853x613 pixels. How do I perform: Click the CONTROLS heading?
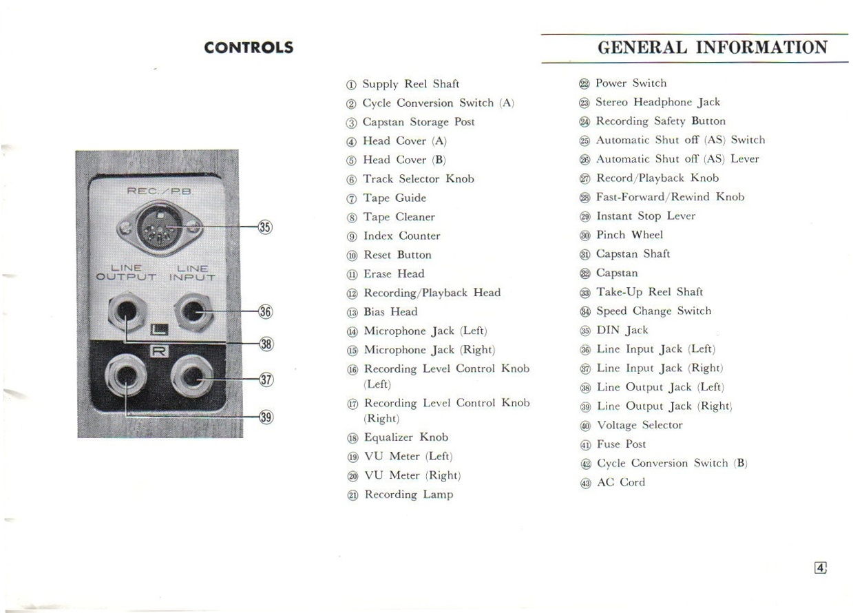[249, 48]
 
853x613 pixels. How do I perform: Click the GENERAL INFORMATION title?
[713, 48]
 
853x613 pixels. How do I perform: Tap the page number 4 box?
[820, 568]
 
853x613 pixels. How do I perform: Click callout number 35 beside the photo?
[265, 227]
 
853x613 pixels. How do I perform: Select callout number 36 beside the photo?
[265, 312]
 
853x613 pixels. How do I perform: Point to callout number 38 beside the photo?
[265, 343]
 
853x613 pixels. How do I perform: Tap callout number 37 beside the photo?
[265, 380]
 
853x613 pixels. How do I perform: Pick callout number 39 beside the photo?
[265, 416]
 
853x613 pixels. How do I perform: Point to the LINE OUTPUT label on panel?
[126, 273]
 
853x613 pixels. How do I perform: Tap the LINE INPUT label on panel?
[193, 273]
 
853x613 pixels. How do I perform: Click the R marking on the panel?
[159, 353]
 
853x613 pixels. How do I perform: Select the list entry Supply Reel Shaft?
[410, 84]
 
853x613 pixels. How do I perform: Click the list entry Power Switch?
[631, 83]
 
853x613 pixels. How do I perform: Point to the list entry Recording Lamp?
[408, 495]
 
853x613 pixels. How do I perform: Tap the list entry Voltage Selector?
[639, 425]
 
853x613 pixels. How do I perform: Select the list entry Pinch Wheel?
[629, 235]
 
